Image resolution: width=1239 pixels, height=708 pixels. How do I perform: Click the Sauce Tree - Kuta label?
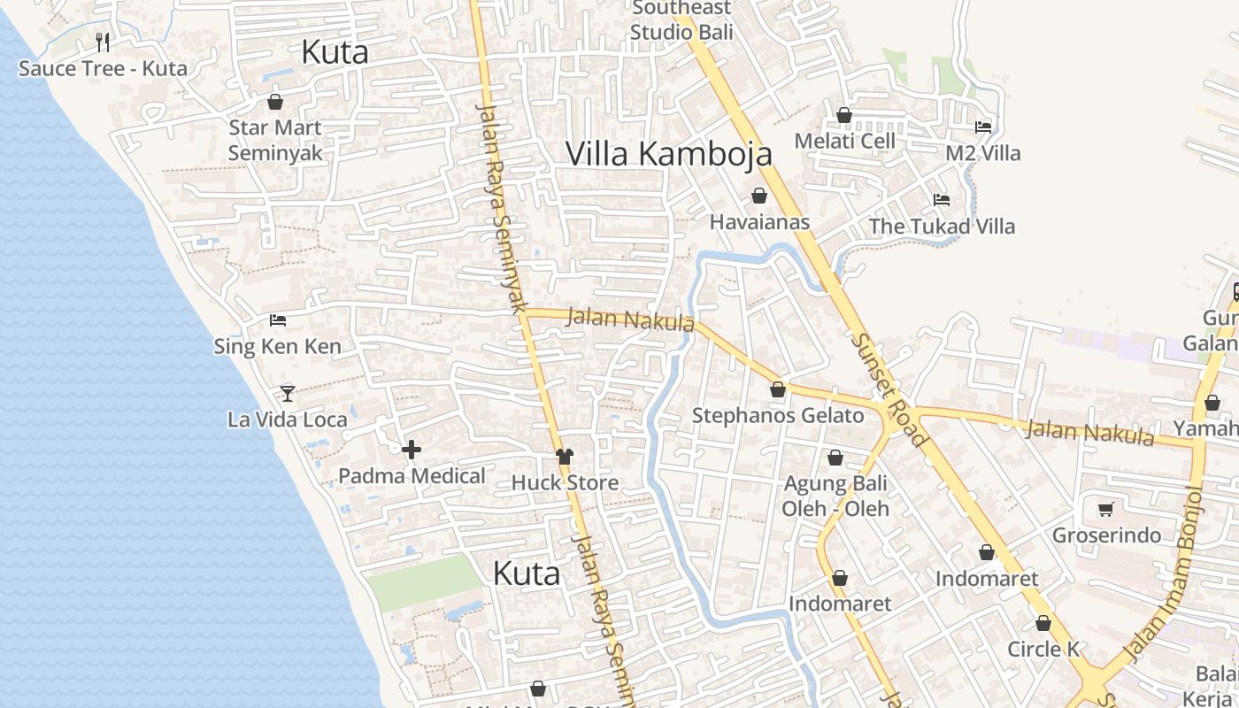coord(103,68)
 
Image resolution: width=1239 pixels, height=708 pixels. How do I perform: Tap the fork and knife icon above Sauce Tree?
coord(103,42)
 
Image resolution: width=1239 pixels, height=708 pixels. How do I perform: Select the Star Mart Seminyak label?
coord(275,140)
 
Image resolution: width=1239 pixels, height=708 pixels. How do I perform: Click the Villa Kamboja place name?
coord(669,153)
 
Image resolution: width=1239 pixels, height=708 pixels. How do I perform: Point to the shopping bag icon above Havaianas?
coord(759,196)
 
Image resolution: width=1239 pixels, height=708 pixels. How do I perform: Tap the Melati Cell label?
coord(845,141)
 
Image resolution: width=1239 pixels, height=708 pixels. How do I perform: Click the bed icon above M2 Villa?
coord(982,127)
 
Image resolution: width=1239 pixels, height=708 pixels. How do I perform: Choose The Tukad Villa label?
coord(942,226)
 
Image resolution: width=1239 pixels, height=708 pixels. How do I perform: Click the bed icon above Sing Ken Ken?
coord(278,319)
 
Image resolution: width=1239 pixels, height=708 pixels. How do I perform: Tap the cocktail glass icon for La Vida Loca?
coord(288,393)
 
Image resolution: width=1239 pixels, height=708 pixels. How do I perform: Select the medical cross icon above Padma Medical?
coord(412,450)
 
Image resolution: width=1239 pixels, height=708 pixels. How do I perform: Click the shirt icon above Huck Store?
coord(565,456)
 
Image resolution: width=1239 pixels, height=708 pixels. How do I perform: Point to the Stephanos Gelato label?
coord(778,415)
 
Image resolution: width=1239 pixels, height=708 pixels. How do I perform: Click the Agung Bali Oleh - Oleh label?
coord(835,496)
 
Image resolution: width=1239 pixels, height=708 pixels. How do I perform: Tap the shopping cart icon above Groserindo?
coord(1105,509)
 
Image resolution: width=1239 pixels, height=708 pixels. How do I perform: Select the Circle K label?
coord(1043,649)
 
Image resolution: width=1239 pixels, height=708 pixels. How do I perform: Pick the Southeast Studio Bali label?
coord(681,20)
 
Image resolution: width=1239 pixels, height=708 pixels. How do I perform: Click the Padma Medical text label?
coord(412,475)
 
